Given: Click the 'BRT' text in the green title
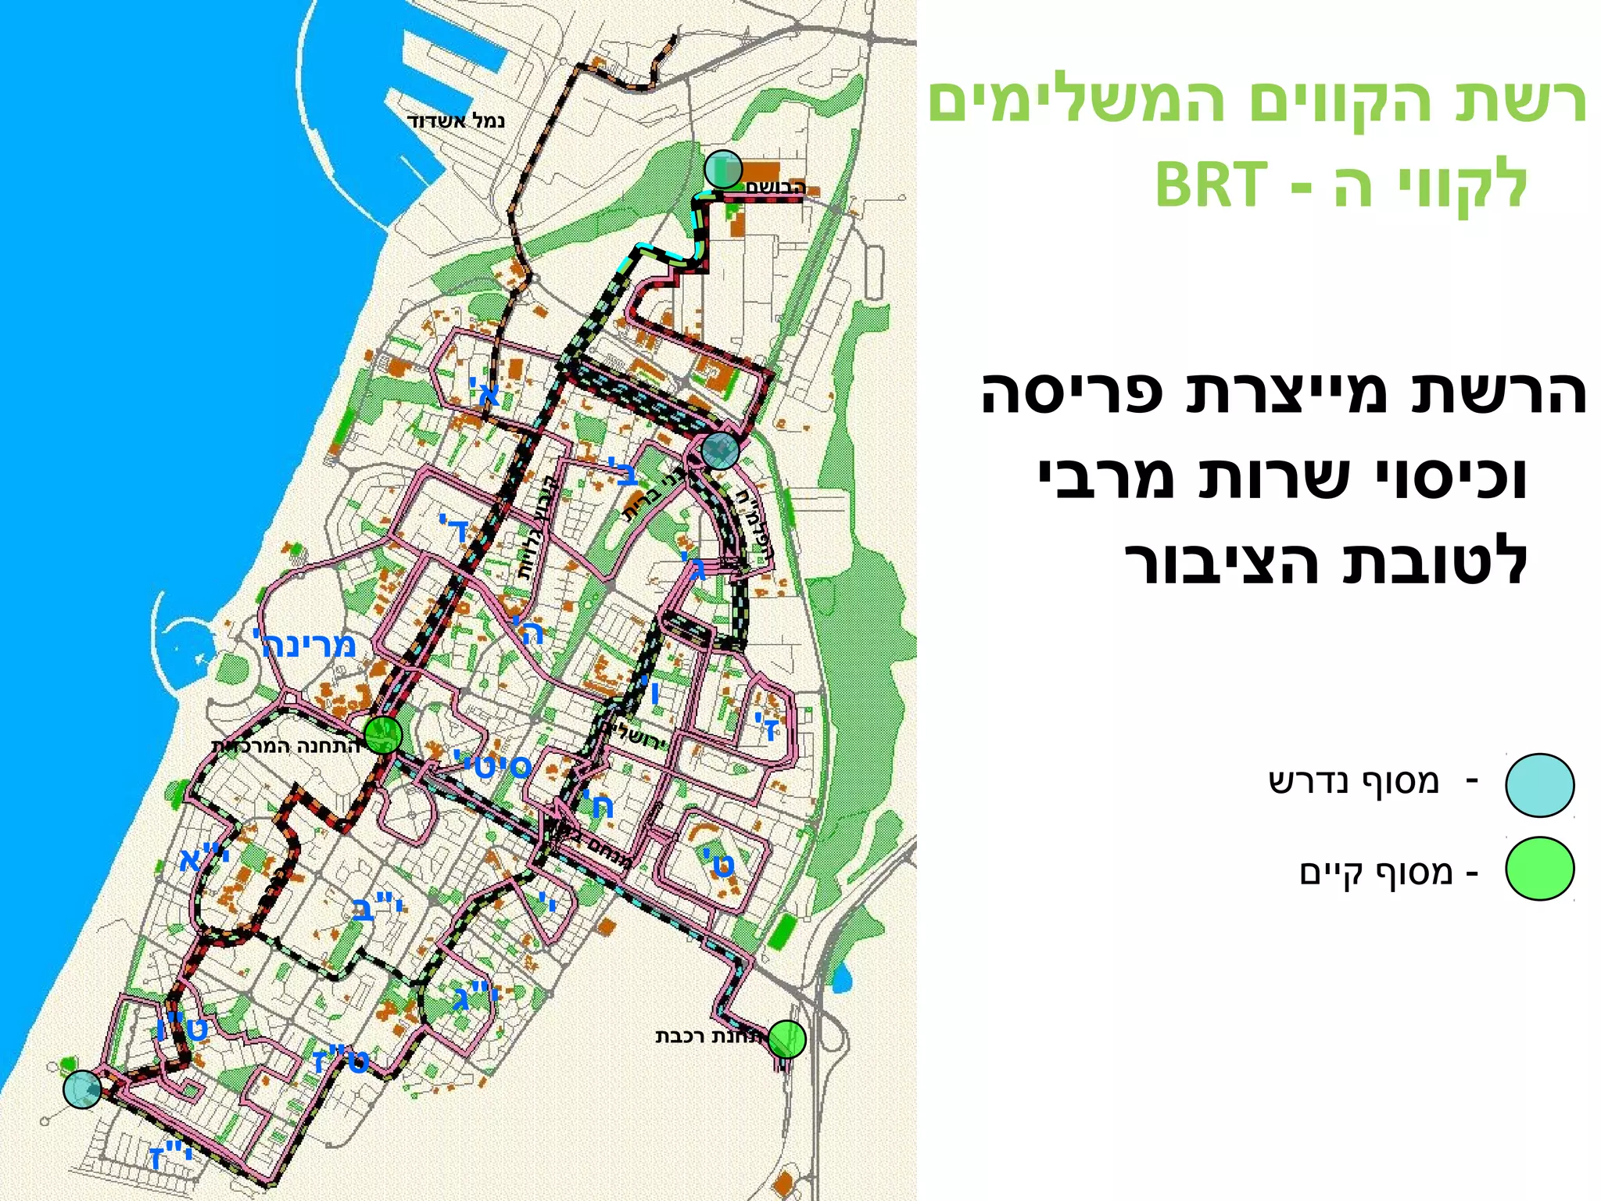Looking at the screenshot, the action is (x=1210, y=186).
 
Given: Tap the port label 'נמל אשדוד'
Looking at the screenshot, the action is (x=456, y=121).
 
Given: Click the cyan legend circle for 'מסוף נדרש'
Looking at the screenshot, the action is (x=1539, y=785).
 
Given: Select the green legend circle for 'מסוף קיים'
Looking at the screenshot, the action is (x=1539, y=869).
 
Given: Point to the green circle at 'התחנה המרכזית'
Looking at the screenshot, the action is (x=383, y=735).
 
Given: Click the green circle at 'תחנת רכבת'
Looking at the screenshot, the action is (x=786, y=1039).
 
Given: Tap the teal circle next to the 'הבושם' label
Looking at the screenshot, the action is (x=723, y=169).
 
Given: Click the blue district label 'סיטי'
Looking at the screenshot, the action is (x=492, y=764).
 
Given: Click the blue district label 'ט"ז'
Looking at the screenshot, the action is (x=341, y=1061).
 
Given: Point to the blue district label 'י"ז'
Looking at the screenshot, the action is (x=170, y=1156).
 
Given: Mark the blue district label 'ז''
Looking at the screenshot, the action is (x=768, y=726).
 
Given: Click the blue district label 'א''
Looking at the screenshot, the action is (x=485, y=391).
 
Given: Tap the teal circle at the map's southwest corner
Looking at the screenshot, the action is (x=82, y=1089).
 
